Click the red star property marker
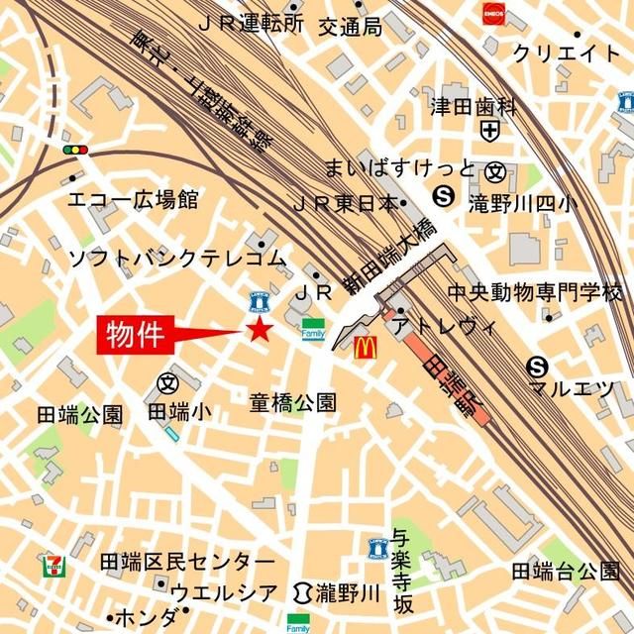point(260,330)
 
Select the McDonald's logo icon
point(366,347)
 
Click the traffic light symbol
point(74,150)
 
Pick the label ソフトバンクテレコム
point(176,259)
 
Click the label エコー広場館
point(133,201)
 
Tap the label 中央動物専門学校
point(534,293)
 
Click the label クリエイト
point(567,53)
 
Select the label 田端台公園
point(566,571)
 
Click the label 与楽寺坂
point(401,573)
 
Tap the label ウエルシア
point(224,592)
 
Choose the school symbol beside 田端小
point(167,382)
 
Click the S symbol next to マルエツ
point(538,365)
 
